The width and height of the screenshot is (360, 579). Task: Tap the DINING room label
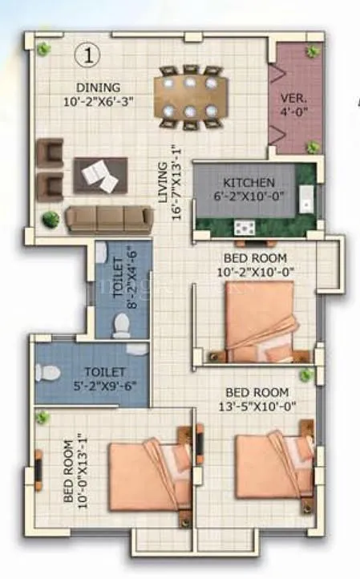coord(99,87)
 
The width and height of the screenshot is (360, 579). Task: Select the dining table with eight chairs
coord(189,96)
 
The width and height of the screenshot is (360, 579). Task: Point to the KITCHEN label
coord(249,183)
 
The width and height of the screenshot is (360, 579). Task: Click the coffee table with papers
coord(100,174)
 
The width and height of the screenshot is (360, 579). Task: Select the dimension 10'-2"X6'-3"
coord(99,102)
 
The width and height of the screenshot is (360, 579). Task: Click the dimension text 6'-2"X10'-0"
coord(249,197)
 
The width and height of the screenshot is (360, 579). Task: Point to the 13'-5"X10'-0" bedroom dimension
coord(257,407)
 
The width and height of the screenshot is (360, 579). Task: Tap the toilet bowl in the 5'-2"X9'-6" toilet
coord(49,373)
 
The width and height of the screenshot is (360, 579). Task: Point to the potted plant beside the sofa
coord(51,218)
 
